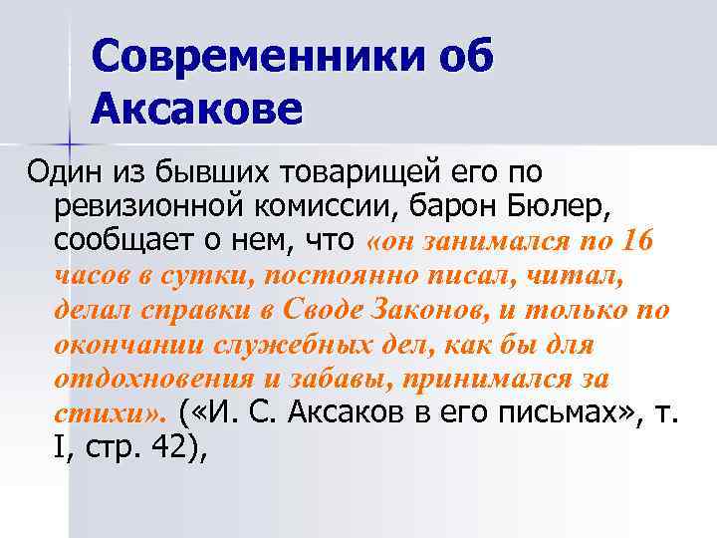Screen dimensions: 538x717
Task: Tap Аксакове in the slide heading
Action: tap(195, 107)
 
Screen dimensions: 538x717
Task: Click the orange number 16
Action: tap(633, 240)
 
